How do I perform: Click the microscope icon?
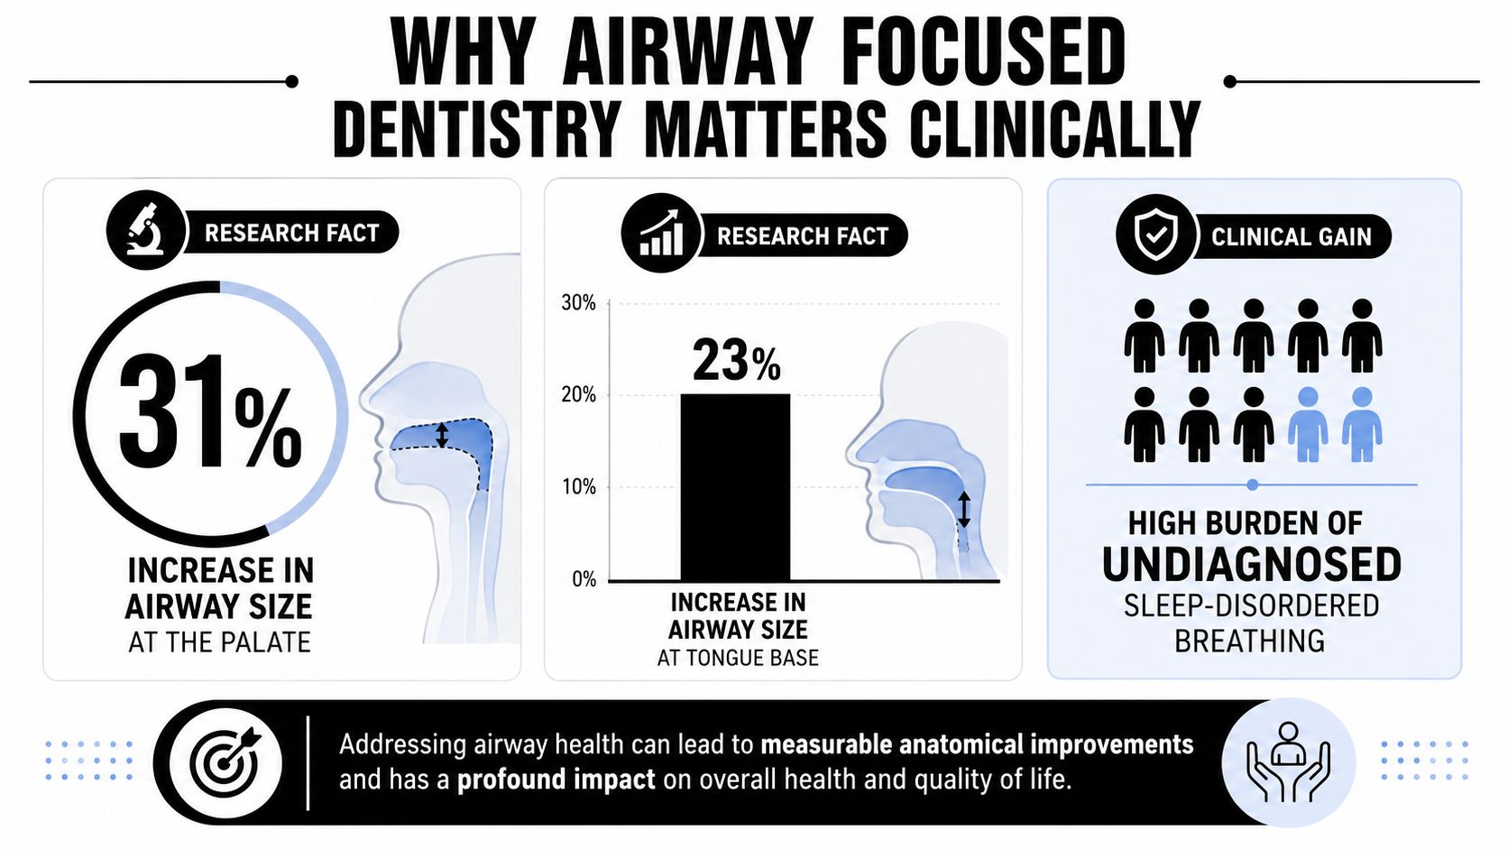point(145,229)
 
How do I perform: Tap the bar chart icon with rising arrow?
point(662,233)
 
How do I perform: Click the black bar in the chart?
point(735,487)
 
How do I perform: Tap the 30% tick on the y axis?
point(578,303)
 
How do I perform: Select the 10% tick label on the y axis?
point(579,486)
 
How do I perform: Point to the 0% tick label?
point(584,579)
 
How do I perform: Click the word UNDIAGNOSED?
point(1252,564)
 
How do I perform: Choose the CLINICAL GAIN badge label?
point(1292,237)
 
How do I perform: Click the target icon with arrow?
point(225,762)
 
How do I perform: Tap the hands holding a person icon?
point(1288,762)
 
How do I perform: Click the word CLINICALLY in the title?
point(1055,128)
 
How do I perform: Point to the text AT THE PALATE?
point(219,642)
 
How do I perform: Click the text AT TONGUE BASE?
point(738,658)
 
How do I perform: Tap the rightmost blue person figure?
point(1362,424)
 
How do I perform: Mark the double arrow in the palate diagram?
point(441,435)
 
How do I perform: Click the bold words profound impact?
point(556,780)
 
